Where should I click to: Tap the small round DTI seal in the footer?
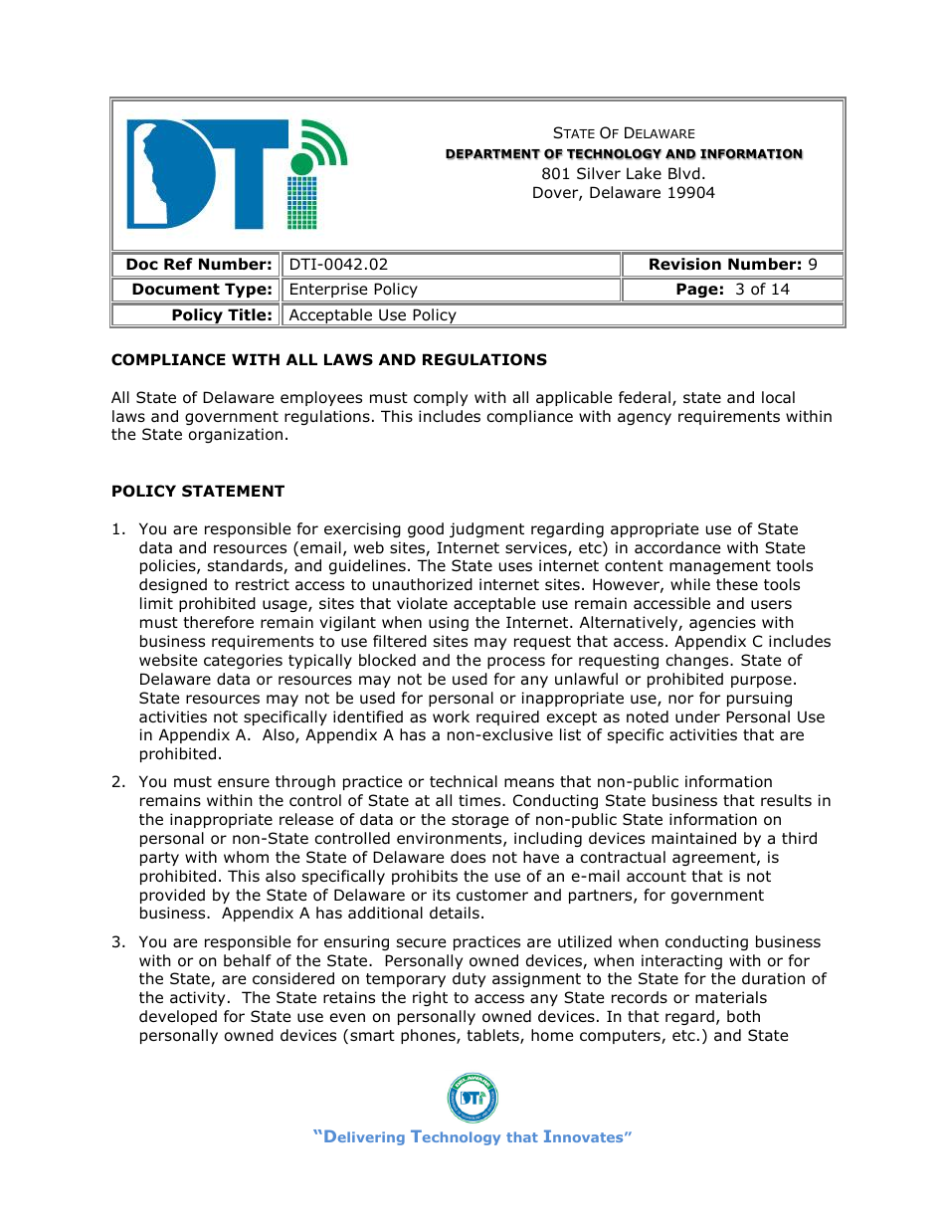[472, 1098]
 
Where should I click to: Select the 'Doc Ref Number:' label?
[198, 265]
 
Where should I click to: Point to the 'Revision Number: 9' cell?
[732, 265]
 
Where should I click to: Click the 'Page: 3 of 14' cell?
[732, 290]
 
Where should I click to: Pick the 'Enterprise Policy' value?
[352, 290]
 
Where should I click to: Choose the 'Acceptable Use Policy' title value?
[372, 315]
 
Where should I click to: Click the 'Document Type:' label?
[201, 290]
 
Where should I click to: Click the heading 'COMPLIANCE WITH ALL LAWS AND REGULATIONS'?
[328, 360]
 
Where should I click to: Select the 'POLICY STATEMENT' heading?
[197, 492]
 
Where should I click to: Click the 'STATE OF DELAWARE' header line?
[624, 133]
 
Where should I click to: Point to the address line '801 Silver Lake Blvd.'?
[624, 173]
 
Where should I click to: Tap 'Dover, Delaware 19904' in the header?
[624, 193]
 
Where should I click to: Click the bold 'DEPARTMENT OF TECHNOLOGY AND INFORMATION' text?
[624, 154]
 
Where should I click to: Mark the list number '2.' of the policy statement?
[118, 782]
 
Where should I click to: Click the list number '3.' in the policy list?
[118, 942]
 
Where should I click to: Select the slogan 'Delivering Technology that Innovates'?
[472, 1137]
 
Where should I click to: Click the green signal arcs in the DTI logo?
[324, 140]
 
